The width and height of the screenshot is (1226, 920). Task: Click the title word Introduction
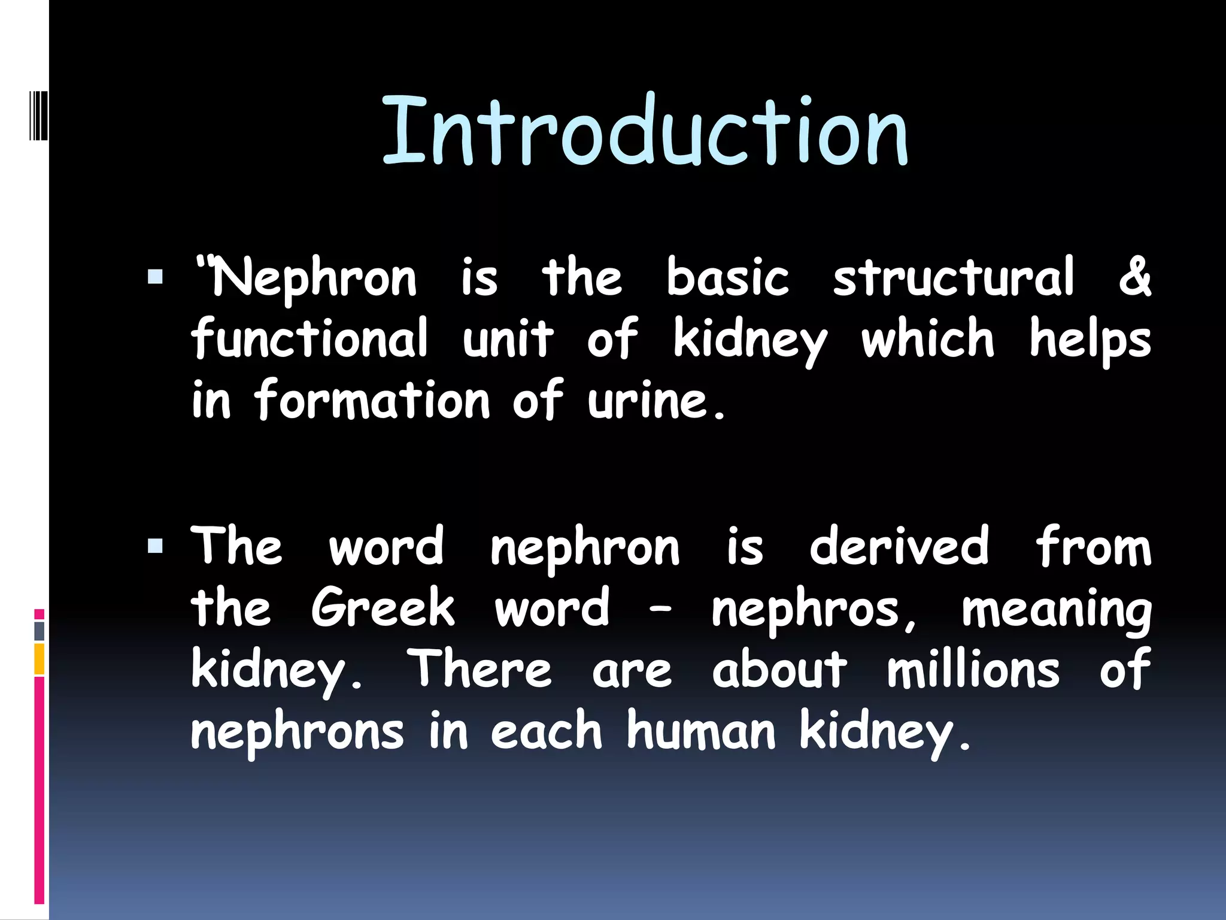click(645, 131)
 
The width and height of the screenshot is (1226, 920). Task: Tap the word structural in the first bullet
click(954, 277)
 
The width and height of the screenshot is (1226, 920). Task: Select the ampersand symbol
click(1134, 276)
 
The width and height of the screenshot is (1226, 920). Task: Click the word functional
click(310, 338)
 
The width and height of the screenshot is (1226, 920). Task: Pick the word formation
click(372, 400)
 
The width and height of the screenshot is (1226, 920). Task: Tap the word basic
click(727, 277)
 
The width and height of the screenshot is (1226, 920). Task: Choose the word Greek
click(383, 607)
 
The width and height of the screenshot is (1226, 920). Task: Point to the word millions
click(973, 669)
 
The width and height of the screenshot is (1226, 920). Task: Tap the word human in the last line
click(701, 731)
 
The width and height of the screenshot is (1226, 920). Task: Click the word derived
click(899, 546)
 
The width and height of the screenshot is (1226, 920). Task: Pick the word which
click(927, 338)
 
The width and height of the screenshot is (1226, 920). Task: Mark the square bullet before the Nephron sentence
click(155, 277)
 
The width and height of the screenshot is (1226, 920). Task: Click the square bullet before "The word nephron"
click(155, 545)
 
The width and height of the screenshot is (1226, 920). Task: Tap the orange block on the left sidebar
click(39, 659)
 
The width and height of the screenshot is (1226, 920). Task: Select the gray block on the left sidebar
click(39, 631)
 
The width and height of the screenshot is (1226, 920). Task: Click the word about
click(779, 669)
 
